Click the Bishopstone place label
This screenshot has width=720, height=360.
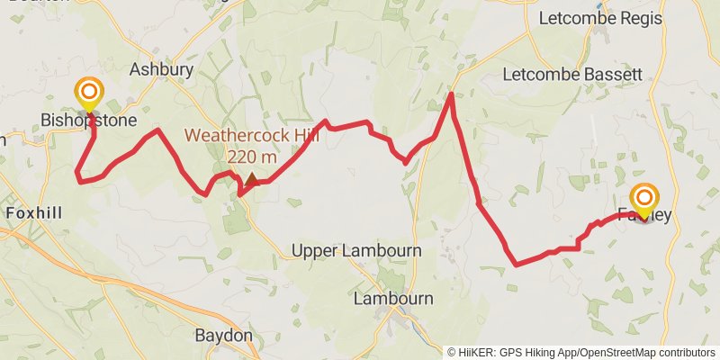pyautogui.click(x=88, y=120)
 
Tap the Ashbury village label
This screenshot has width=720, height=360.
pyautogui.click(x=161, y=69)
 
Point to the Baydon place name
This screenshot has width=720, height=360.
pyautogui.click(x=223, y=336)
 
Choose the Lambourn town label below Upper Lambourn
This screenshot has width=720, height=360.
pyautogui.click(x=393, y=298)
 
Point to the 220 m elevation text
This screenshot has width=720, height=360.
pyautogui.click(x=251, y=157)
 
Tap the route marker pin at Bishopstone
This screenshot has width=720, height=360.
pyautogui.click(x=89, y=93)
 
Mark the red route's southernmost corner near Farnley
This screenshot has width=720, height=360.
pyautogui.click(x=516, y=265)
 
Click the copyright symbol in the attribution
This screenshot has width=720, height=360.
pyautogui.click(x=452, y=352)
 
